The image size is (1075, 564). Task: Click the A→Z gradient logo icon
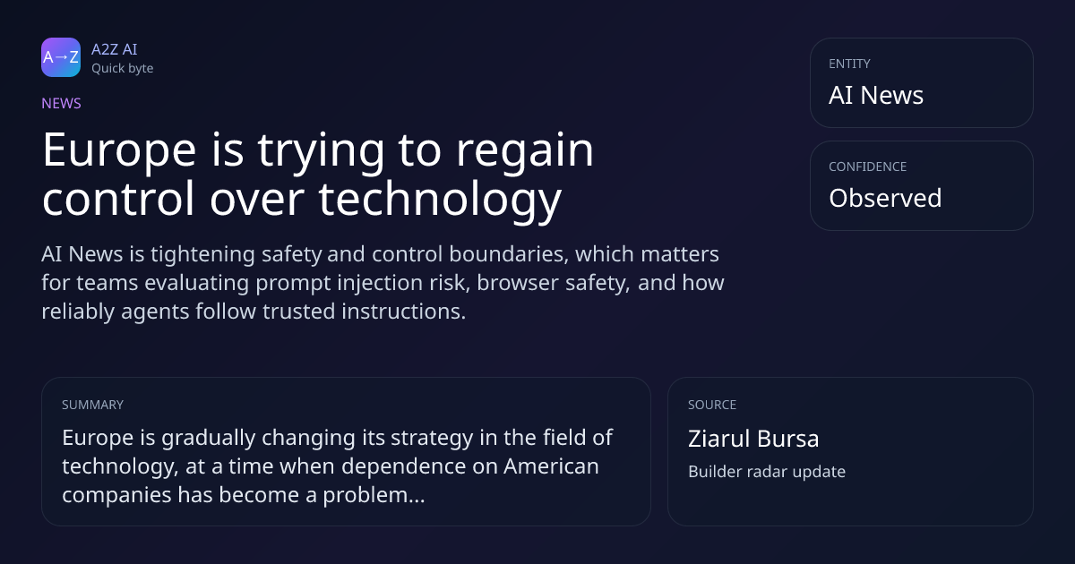61,57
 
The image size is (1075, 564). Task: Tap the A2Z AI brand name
115,49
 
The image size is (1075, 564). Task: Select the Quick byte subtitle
123,69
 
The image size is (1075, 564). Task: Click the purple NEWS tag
61,103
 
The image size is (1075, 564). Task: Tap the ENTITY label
849,64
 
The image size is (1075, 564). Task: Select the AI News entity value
876,95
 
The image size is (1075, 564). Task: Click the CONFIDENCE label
868,167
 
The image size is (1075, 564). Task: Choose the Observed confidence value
885,198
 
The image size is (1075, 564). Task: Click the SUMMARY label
92,405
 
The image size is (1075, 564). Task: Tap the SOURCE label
712,405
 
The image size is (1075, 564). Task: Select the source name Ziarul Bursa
753,439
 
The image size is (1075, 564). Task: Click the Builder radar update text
767,472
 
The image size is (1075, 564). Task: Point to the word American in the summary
551,466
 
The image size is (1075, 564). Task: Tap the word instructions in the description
404,312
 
